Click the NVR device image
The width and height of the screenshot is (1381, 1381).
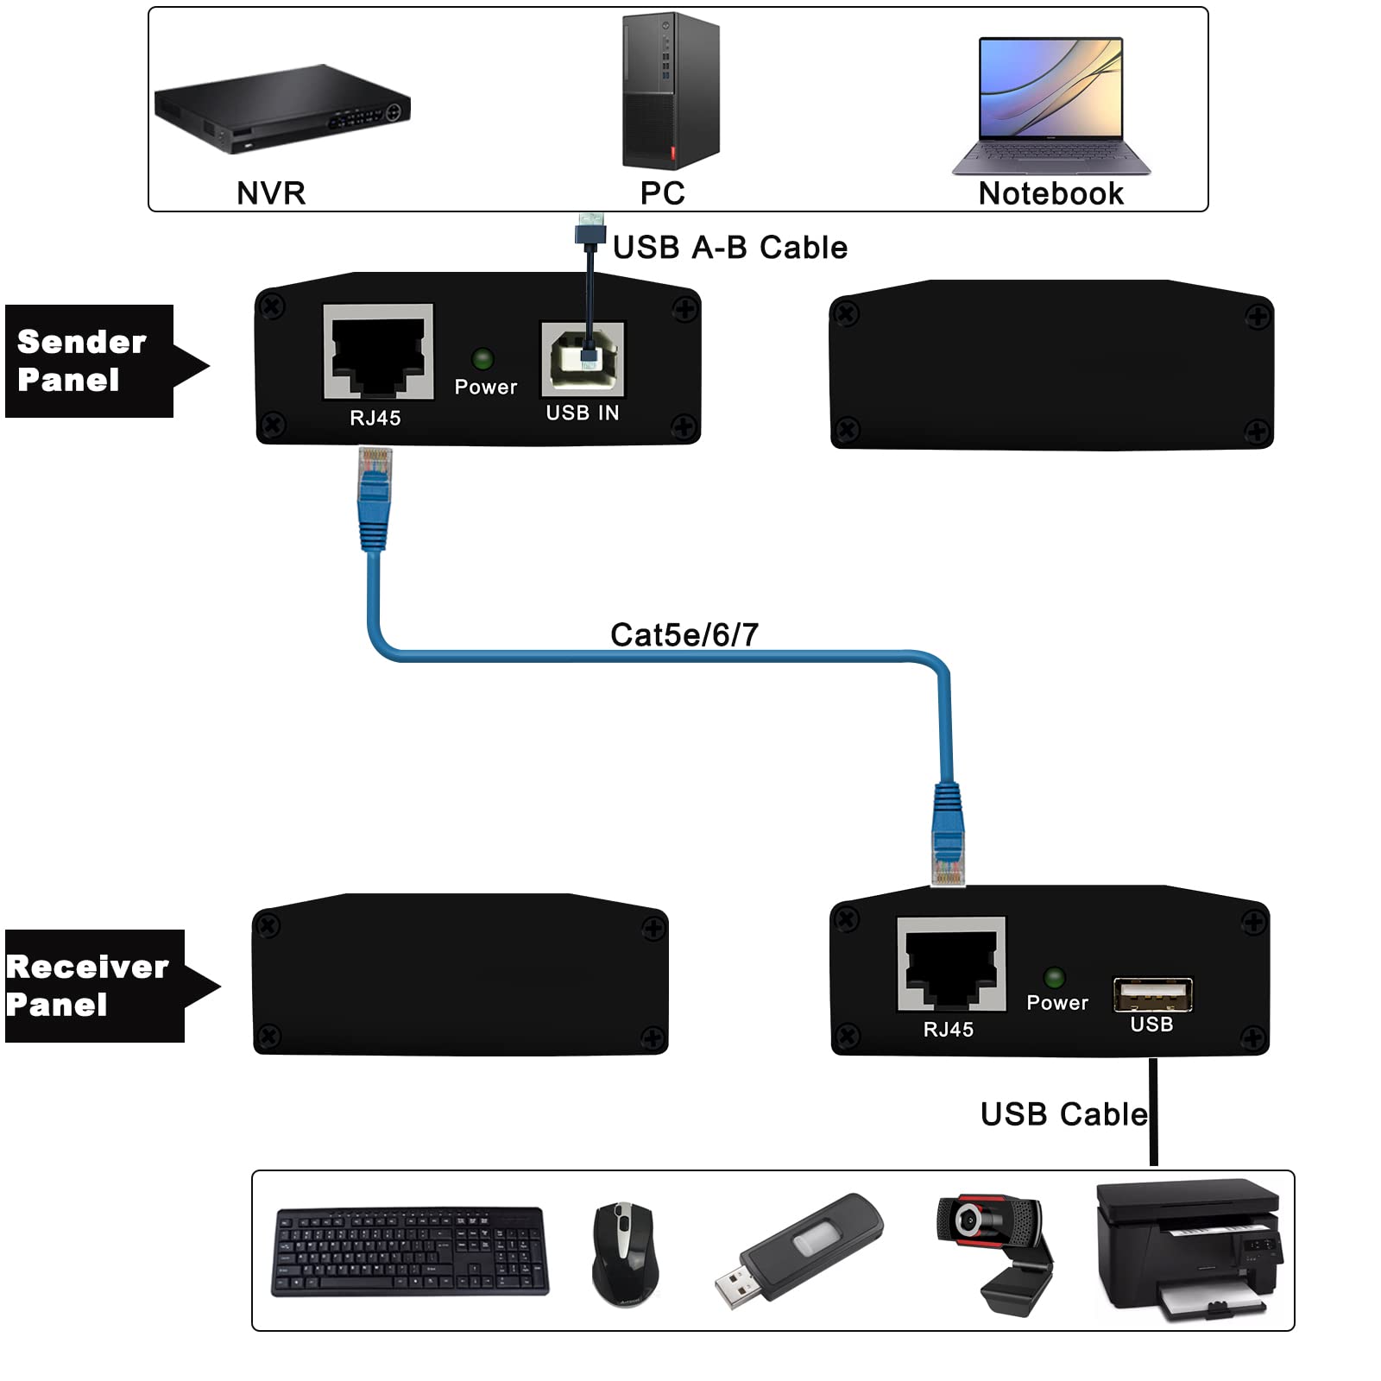281,109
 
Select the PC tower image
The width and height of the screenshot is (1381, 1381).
671,91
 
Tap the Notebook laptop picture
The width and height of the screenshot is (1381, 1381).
1051,105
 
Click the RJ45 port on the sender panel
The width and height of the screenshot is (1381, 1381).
378,352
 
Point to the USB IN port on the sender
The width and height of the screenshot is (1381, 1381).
583,358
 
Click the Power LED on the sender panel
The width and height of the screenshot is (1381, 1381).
482,358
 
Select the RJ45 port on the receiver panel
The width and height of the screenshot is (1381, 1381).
951,963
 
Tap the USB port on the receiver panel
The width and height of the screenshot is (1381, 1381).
1152,994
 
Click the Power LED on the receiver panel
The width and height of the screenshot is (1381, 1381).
1054,977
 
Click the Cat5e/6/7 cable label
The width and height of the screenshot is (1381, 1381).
684,635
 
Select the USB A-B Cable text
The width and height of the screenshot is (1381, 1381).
729,248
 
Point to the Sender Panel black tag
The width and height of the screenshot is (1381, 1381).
90,361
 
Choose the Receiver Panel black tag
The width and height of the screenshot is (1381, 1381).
93,986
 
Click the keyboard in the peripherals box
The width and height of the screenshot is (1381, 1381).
410,1251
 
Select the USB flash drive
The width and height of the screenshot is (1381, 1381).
798,1250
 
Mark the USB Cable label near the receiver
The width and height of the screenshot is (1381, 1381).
1063,1114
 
